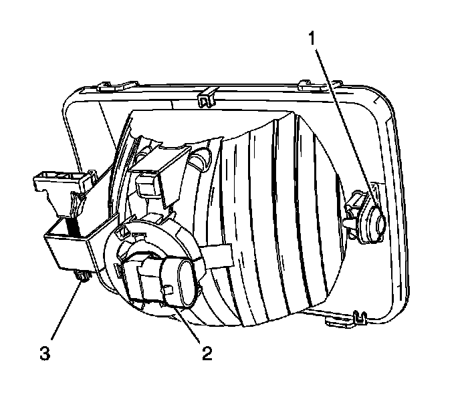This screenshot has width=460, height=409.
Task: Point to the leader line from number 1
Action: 341,120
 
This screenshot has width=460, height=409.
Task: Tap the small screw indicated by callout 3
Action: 82,275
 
